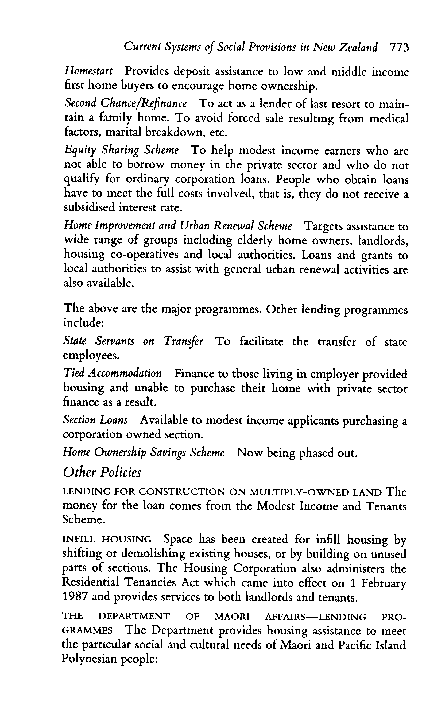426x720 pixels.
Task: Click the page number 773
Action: [x=399, y=47]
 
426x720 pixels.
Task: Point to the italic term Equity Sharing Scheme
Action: [x=121, y=150]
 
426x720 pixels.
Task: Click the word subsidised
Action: [x=89, y=207]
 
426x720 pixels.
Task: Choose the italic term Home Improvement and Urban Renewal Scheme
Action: [x=177, y=226]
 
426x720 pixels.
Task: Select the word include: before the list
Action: [x=83, y=323]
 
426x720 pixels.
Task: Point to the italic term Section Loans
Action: [x=95, y=420]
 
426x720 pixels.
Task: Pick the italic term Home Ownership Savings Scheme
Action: [x=144, y=453]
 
